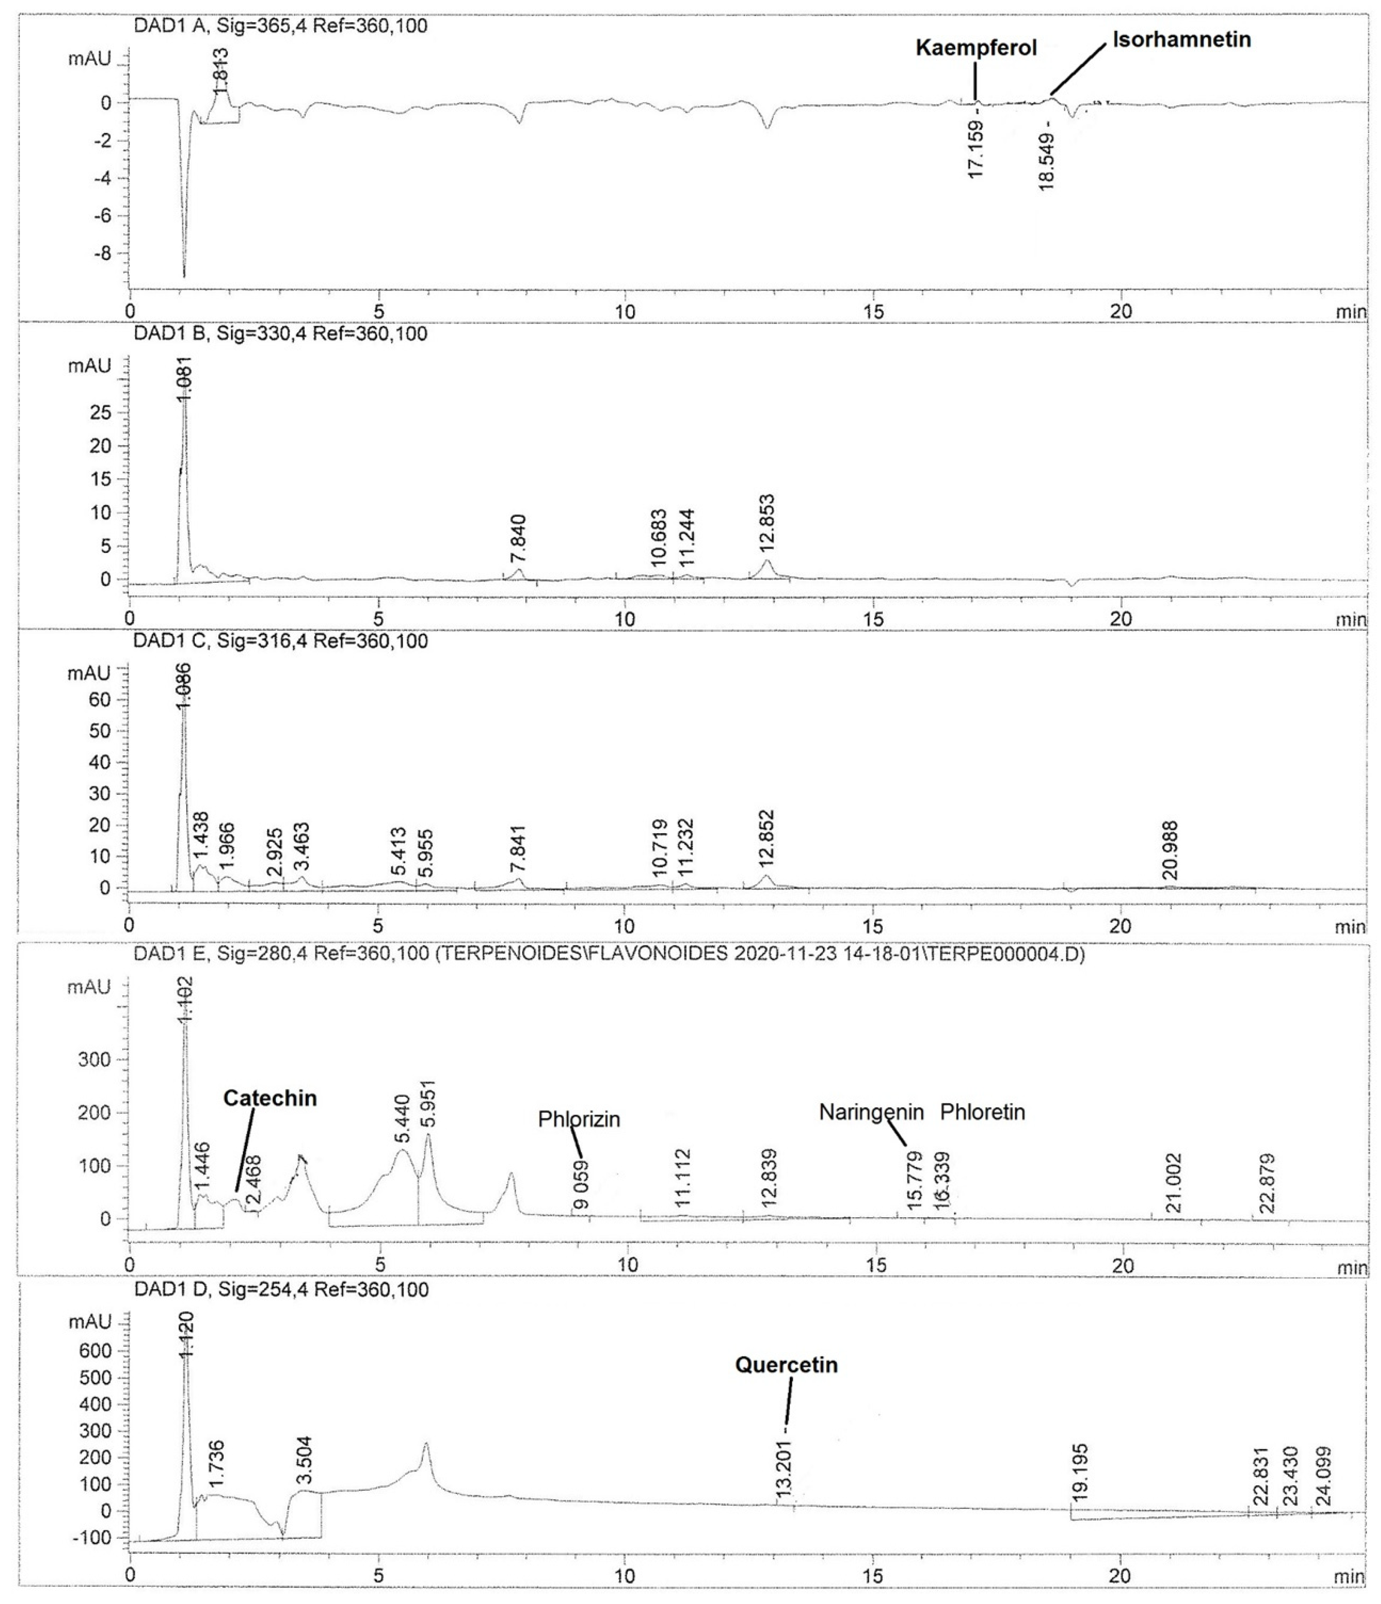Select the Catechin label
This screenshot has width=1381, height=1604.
(x=270, y=1099)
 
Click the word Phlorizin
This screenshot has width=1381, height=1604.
(x=579, y=1119)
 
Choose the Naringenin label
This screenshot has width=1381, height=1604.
(x=871, y=1112)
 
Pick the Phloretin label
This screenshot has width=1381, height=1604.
(x=982, y=1112)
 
